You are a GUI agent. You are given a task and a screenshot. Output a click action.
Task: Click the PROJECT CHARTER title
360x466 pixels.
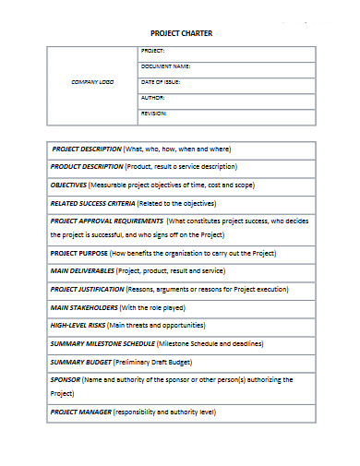click(x=182, y=34)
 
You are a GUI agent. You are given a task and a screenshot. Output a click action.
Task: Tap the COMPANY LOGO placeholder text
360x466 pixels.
click(x=92, y=82)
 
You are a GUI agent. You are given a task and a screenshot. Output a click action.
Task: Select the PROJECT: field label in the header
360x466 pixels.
click(x=153, y=51)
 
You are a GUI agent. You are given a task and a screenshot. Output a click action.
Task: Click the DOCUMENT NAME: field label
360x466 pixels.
click(x=166, y=66)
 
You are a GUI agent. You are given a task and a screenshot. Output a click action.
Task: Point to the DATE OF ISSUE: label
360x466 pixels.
click(x=161, y=82)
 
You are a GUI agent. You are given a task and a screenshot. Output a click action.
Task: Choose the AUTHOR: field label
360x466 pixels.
click(x=153, y=97)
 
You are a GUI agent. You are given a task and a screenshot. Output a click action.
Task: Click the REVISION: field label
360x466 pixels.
click(x=154, y=113)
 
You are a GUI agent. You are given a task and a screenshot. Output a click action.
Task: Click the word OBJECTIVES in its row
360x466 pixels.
click(x=68, y=185)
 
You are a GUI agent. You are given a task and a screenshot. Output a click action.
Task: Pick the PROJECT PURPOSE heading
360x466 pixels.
click(x=78, y=253)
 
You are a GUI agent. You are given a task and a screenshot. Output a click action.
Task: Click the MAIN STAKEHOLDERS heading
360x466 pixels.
click(x=84, y=307)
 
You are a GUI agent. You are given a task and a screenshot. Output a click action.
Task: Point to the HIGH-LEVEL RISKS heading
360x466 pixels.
click(x=78, y=325)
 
